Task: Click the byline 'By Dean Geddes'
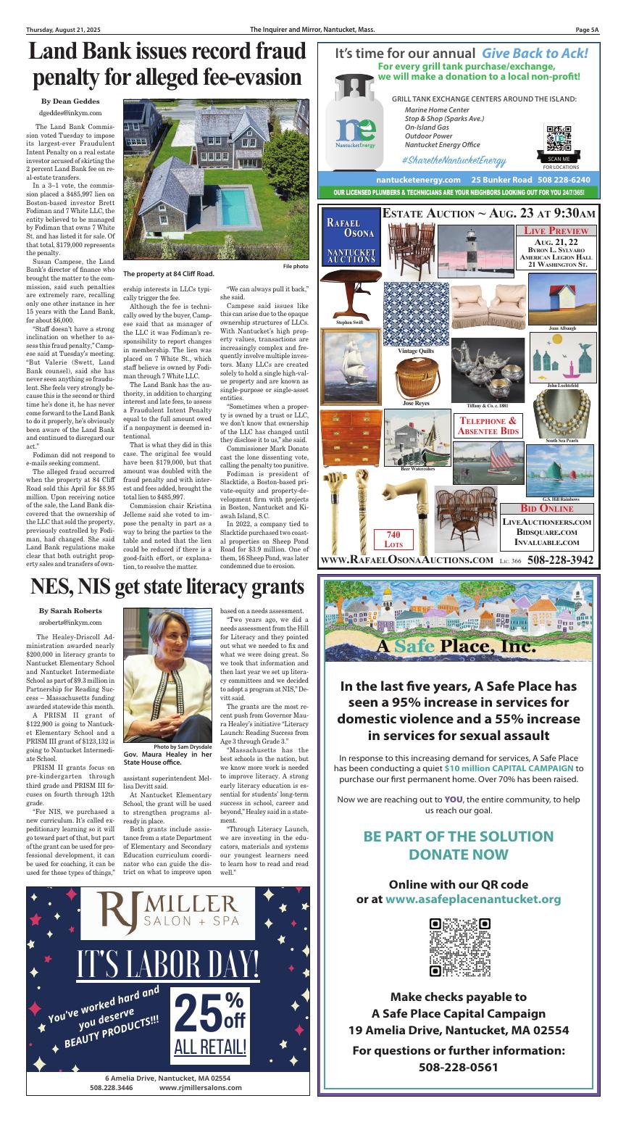[x=70, y=101]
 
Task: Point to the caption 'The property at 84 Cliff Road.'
[x=169, y=274]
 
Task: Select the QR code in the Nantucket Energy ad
[x=559, y=138]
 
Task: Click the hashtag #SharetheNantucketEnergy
[x=454, y=160]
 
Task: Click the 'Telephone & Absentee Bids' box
[x=488, y=425]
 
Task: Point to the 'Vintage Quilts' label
[x=416, y=351]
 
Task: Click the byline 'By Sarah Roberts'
[x=70, y=611]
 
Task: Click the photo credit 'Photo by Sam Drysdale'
[x=183, y=747]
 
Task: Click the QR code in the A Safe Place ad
[x=460, y=947]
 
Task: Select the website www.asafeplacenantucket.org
[x=473, y=899]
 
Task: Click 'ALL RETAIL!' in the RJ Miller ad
[x=210, y=1047]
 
